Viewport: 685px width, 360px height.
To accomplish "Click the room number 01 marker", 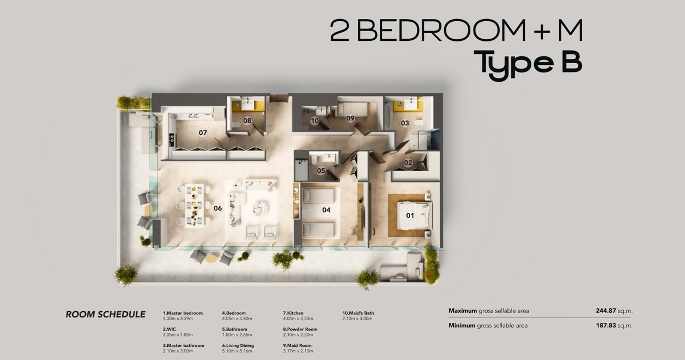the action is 410,216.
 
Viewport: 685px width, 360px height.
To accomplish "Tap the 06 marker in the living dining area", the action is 218,209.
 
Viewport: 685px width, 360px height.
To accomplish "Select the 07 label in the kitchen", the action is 203,133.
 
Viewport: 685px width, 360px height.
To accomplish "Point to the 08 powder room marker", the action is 247,121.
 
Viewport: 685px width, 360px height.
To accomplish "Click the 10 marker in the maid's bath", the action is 314,121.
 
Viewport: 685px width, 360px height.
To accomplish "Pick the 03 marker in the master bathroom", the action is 405,123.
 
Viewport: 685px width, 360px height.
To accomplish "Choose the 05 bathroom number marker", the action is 321,170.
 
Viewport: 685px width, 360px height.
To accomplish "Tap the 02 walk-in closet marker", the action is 408,163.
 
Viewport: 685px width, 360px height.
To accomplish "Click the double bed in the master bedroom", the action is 414,215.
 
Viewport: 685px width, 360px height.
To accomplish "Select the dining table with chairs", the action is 194,205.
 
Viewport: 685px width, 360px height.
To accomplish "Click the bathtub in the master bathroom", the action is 388,116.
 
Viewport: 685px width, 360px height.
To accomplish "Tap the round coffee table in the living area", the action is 261,208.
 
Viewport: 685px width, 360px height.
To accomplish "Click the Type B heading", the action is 528,65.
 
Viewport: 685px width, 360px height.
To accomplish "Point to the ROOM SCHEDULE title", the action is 106,314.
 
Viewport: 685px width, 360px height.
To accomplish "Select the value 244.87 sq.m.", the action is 614,311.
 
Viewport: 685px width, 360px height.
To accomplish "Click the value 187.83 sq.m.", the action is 614,326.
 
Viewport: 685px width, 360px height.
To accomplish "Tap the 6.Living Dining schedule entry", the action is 238,348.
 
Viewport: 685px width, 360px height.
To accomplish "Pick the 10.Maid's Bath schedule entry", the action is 358,316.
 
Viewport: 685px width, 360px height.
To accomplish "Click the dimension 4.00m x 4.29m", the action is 178,319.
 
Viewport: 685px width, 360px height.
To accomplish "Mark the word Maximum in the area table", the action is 463,311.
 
